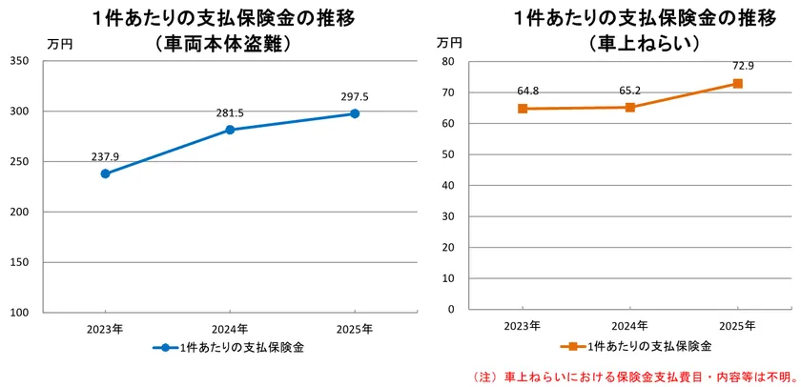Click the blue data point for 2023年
click(105, 173)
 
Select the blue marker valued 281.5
click(230, 130)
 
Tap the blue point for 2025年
click(355, 113)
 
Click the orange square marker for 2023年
click(522, 109)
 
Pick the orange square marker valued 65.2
click(629, 107)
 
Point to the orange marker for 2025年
click(737, 84)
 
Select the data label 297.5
click(355, 96)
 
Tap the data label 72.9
click(737, 66)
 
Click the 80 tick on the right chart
click(448, 61)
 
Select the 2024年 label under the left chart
click(230, 328)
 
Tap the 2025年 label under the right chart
click(737, 326)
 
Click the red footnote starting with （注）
click(634, 377)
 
